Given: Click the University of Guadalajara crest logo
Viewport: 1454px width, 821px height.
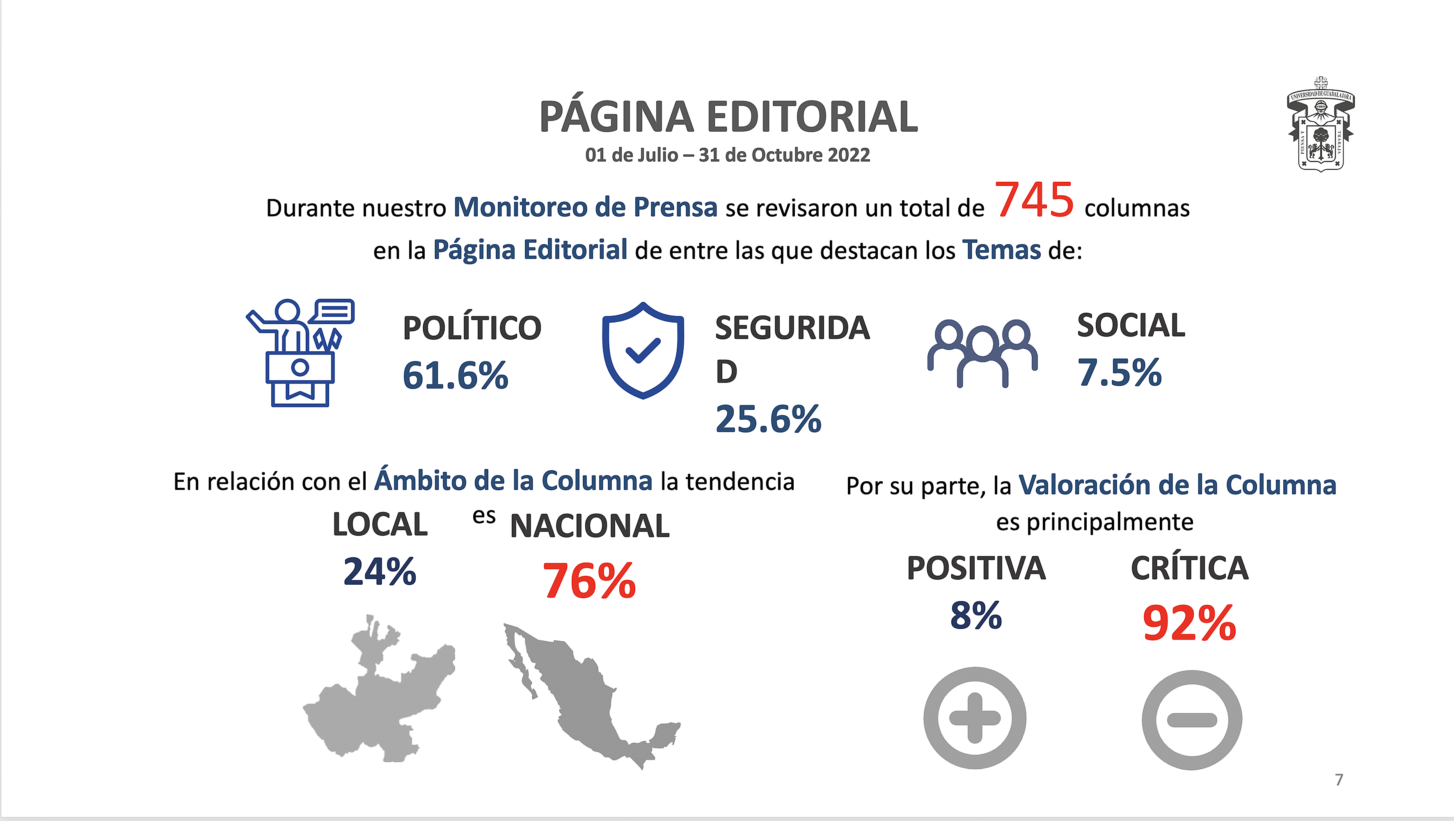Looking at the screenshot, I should (x=1320, y=125).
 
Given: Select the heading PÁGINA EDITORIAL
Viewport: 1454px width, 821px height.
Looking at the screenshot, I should (x=728, y=117).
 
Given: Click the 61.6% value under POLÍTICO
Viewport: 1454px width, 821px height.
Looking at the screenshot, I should (x=455, y=376).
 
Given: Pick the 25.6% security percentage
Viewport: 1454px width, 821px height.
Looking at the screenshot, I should (x=768, y=419).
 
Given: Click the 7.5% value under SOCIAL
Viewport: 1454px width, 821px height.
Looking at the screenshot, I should (x=1119, y=373).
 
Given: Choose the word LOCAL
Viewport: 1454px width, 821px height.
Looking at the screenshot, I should (x=380, y=525).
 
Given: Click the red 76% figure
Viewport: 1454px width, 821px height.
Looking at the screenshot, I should (x=589, y=581).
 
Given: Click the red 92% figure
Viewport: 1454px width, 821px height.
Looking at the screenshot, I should (x=1189, y=624).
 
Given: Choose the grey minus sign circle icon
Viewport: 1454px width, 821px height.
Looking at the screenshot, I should (x=1191, y=720).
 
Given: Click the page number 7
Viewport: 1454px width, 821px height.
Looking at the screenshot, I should (x=1339, y=780).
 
